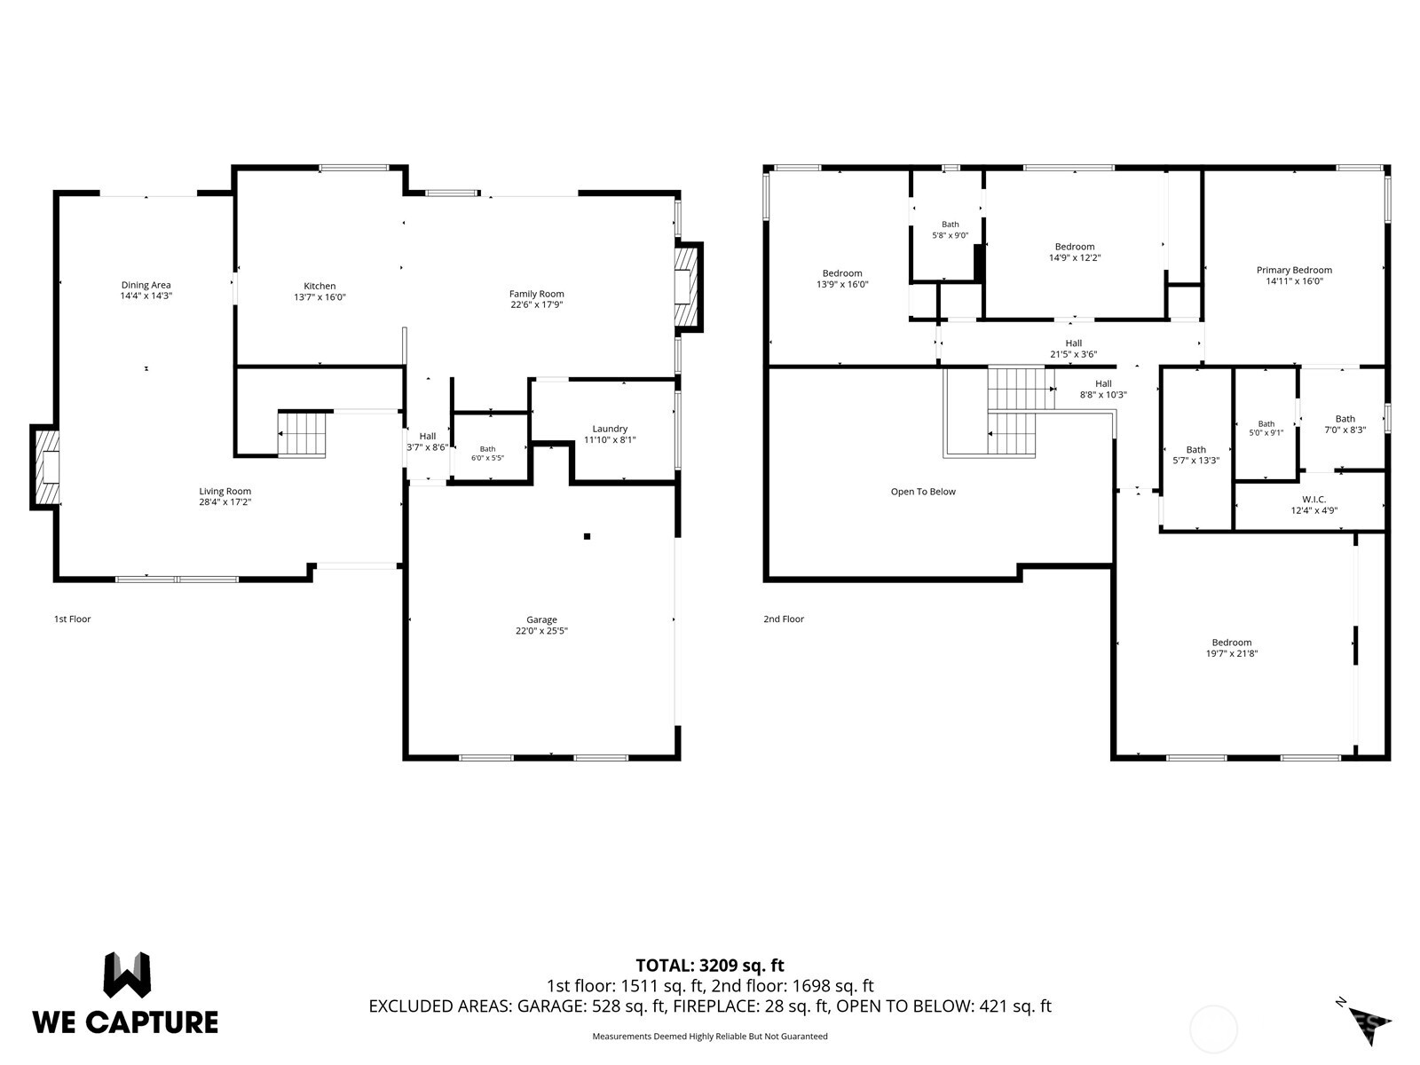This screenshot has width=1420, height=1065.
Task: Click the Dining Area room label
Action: tap(146, 285)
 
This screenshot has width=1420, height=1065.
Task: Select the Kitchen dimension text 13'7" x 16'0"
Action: tap(319, 297)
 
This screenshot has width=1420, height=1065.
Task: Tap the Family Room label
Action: tap(536, 294)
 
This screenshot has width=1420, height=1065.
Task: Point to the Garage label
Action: tap(541, 619)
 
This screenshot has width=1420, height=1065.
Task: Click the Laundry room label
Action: tap(610, 429)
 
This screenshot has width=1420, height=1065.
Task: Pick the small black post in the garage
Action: tap(587, 536)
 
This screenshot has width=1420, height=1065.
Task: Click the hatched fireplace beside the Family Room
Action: tap(688, 287)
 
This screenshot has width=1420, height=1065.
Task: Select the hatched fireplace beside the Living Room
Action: tap(45, 467)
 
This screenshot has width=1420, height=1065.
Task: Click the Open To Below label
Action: tap(922, 492)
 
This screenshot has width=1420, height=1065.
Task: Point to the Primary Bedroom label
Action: tap(1294, 271)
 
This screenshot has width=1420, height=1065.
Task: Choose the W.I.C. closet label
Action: tap(1313, 499)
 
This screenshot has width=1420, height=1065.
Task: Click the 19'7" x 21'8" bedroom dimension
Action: tap(1232, 653)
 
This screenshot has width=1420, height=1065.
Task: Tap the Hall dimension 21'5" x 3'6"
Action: tap(1073, 354)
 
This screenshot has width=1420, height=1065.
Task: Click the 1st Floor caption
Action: tap(73, 619)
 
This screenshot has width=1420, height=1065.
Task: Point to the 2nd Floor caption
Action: tap(784, 619)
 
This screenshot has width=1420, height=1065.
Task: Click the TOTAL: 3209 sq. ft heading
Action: tap(710, 966)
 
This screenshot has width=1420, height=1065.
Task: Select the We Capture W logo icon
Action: tap(127, 974)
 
